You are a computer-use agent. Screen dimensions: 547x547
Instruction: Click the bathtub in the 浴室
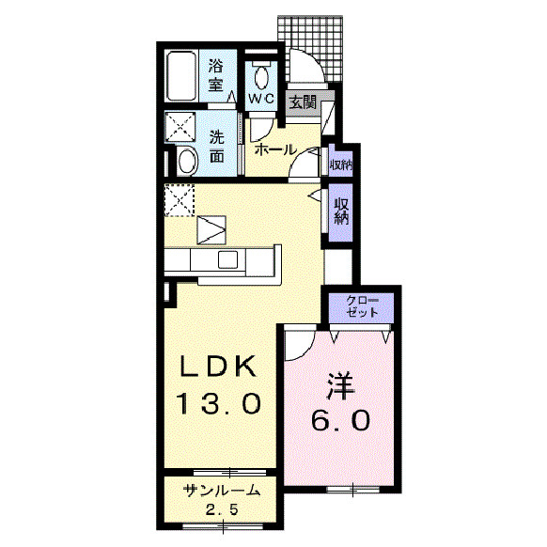coord(181,76)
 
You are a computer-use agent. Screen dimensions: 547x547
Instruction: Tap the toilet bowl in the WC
coord(261,78)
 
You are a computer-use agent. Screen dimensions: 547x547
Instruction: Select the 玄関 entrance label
coord(303,102)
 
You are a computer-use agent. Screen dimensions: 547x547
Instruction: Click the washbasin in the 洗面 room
coord(187,161)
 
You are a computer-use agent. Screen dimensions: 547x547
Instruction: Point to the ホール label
coord(274,149)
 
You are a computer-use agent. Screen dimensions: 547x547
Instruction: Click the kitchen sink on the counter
coord(227,259)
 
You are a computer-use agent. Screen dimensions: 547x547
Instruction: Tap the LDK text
coord(218,366)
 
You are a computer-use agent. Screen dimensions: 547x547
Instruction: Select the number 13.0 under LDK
coord(219,403)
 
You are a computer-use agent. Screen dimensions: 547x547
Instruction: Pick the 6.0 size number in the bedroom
coord(340,420)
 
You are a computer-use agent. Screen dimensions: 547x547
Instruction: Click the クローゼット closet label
coord(362,306)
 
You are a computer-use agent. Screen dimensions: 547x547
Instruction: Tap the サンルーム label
coord(222,491)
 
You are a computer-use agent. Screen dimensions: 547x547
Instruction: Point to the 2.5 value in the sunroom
coord(222,510)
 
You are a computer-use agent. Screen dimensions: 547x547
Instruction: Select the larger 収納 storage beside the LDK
coord(341,211)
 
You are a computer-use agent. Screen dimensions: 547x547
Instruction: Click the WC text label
coord(261,100)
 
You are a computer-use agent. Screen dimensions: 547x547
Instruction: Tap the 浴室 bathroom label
coord(216,75)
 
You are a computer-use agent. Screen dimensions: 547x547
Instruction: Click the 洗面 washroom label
coord(216,147)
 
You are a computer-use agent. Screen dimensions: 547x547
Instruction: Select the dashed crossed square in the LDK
coord(180,200)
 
